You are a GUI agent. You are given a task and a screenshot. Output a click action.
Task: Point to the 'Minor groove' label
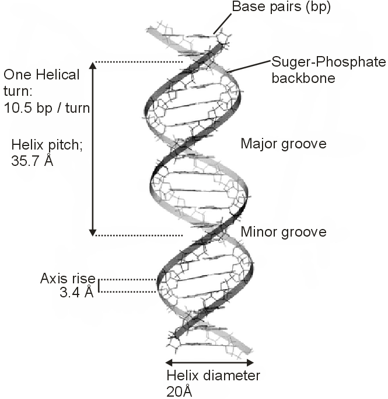283,232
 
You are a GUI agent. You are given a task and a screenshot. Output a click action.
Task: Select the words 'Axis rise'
68,279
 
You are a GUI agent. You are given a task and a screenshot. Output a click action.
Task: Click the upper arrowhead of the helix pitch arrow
93,66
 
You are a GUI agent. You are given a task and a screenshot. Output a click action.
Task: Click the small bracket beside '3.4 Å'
98,286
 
